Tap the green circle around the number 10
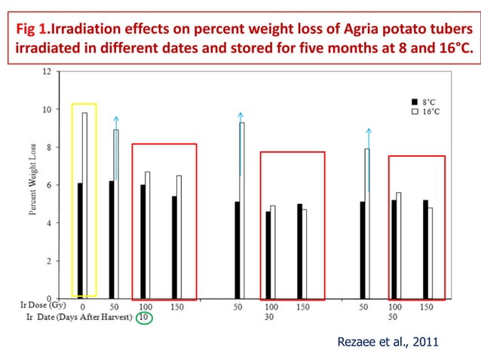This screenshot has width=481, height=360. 144,318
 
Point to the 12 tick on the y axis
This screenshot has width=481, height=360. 46,72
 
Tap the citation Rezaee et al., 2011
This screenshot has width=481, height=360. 388,341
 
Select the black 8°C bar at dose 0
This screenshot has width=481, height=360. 79,240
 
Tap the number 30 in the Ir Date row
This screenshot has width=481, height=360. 269,318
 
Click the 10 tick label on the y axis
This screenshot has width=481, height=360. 46,110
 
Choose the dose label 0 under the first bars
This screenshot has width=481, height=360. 82,307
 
